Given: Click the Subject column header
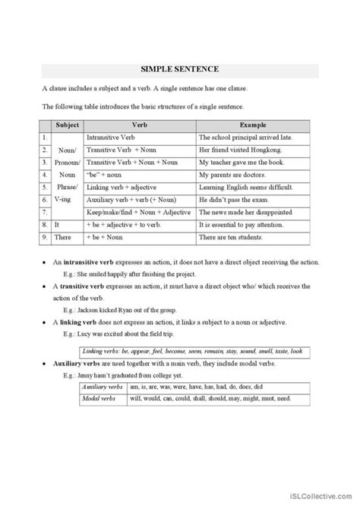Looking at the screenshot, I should pyautogui.click(x=68, y=125).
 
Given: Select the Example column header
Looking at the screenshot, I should pyautogui.click(x=252, y=125).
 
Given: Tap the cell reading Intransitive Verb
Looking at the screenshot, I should pyautogui.click(x=110, y=138).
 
